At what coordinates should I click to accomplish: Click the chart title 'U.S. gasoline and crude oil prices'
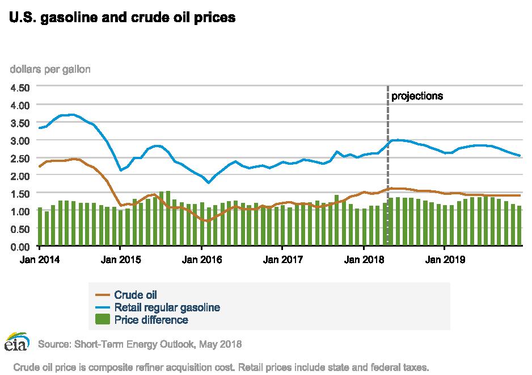(x=122, y=18)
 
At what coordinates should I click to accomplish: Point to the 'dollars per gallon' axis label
(x=50, y=69)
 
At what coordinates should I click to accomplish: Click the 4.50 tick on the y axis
(x=20, y=88)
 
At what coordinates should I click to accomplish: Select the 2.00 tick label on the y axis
(x=20, y=176)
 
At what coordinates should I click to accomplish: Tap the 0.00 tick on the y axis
(x=20, y=247)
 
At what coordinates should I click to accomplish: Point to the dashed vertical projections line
(x=388, y=142)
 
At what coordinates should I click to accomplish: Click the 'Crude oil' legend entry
(x=136, y=294)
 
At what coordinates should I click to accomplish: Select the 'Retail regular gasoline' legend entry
(x=167, y=307)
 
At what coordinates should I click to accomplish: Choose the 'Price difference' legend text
(x=151, y=320)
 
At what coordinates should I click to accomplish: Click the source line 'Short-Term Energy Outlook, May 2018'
(x=140, y=344)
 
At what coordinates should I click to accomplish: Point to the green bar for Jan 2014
(x=40, y=227)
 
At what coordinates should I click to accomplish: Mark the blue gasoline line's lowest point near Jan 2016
(x=209, y=182)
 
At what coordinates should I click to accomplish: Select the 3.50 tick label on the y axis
(x=20, y=123)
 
